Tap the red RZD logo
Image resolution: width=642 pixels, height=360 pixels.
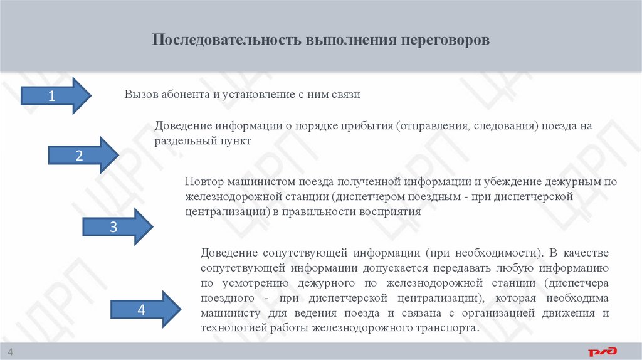click(602, 351)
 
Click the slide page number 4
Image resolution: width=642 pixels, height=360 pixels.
click(10, 350)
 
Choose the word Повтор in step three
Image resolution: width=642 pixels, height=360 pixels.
click(203, 182)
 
